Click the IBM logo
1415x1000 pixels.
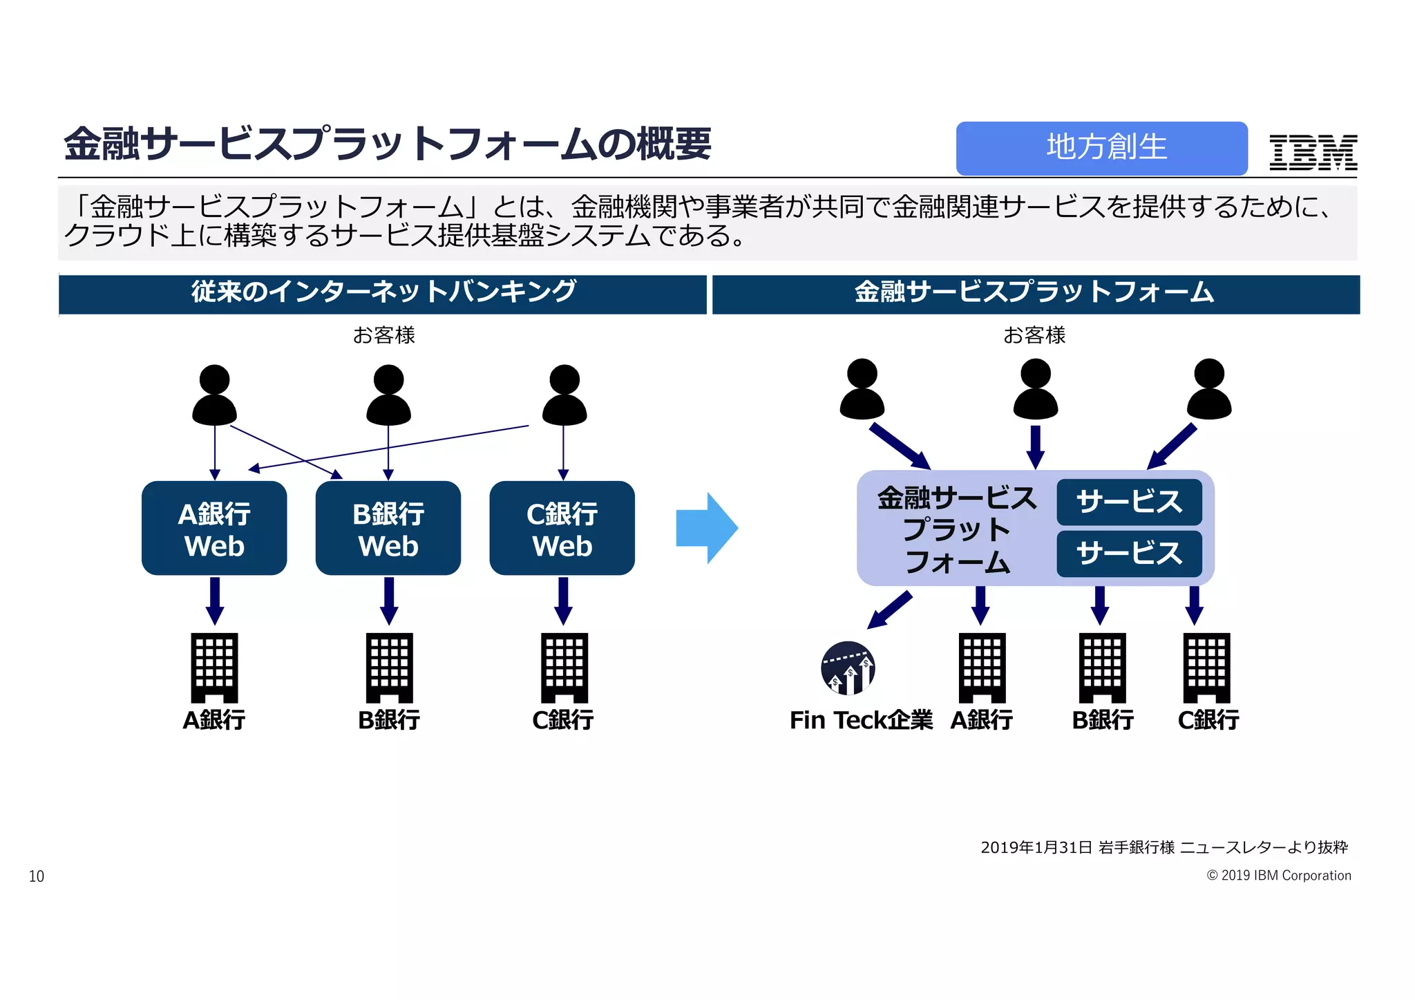point(1313,152)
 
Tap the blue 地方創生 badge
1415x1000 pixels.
point(1101,148)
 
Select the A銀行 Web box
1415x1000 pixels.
point(214,529)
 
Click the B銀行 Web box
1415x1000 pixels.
point(388,529)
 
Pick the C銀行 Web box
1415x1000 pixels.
point(562,529)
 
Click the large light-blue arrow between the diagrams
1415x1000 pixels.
point(706,529)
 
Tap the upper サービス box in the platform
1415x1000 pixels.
point(1129,502)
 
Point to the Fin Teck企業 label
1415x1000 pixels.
point(861,720)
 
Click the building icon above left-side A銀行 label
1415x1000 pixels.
point(215,668)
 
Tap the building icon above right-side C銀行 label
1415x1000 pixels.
point(1207,668)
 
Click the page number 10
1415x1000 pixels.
point(37,876)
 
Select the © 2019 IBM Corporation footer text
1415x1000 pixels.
point(1278,876)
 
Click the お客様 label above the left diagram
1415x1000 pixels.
point(383,335)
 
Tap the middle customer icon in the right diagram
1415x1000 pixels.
point(1035,389)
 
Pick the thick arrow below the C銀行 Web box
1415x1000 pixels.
point(564,601)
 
